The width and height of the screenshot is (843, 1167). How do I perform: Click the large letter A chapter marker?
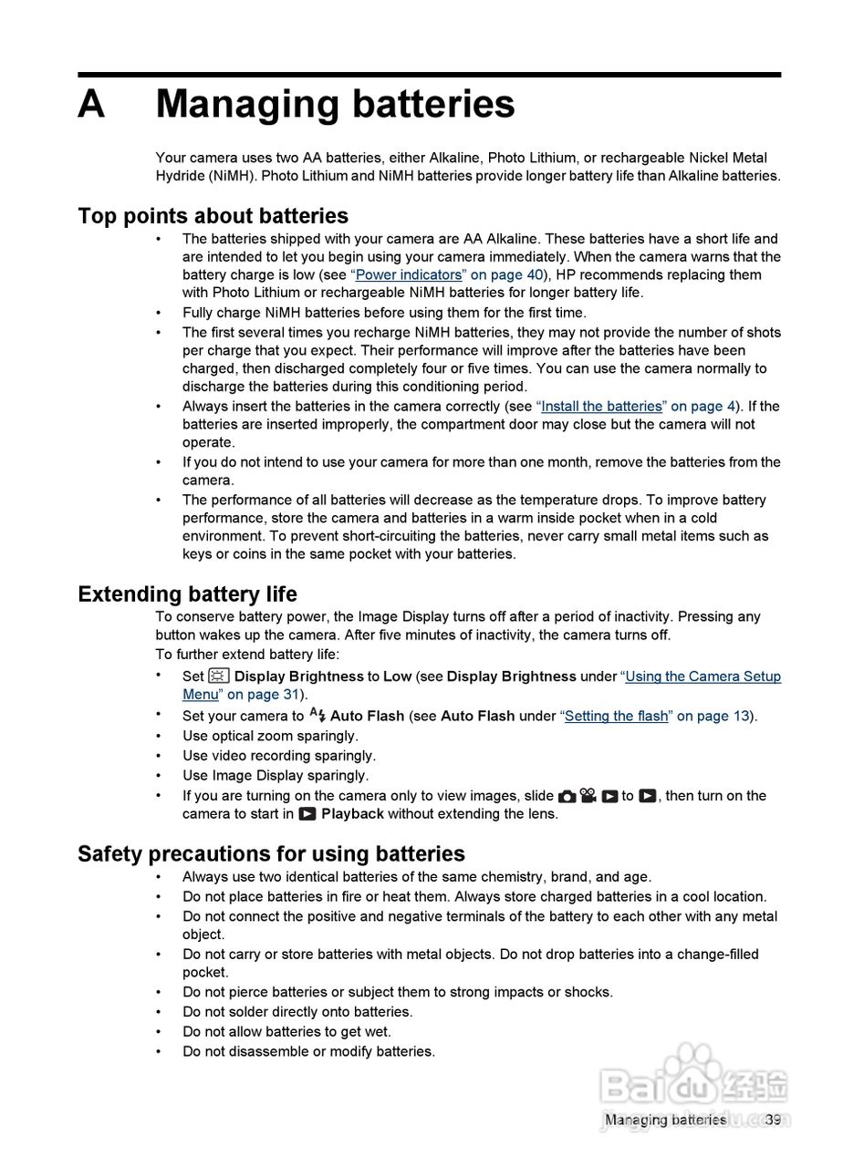tap(91, 105)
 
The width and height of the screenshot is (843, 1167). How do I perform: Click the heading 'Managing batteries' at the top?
tap(335, 105)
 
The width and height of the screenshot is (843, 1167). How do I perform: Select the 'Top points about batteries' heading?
tap(213, 216)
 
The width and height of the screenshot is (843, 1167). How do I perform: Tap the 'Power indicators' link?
tap(408, 275)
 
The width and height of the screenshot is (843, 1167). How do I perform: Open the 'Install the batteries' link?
tap(601, 407)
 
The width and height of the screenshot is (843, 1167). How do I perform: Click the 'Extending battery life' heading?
tap(187, 594)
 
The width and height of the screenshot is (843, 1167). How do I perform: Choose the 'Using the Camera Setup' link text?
tap(702, 676)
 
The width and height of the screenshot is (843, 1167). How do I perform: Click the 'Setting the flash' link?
tap(617, 717)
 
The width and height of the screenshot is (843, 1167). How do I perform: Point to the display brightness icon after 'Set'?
tap(219, 676)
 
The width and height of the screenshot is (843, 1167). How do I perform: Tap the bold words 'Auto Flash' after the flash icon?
tap(367, 717)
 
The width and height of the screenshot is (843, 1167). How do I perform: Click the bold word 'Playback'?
tap(352, 814)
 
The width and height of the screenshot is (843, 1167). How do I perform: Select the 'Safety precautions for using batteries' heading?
tap(271, 854)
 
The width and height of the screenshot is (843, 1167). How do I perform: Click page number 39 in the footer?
tap(773, 1120)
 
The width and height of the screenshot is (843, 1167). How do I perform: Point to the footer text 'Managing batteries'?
tap(665, 1120)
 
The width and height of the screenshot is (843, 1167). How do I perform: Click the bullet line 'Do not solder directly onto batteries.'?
tap(297, 1012)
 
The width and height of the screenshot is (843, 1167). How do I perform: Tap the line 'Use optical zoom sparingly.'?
tap(270, 736)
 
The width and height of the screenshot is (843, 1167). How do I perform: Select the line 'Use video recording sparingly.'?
tap(279, 756)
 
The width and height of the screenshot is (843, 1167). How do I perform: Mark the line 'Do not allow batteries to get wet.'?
tap(286, 1032)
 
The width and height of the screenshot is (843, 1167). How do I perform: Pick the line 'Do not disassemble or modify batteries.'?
tap(308, 1052)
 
